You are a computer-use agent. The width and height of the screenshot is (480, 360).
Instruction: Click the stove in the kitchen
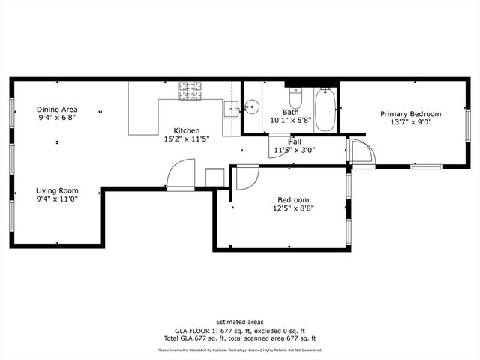191,90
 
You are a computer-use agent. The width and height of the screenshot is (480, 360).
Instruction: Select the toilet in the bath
295,98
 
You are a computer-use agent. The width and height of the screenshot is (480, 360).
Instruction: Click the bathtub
325,110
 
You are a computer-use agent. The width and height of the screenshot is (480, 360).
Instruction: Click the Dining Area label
57,109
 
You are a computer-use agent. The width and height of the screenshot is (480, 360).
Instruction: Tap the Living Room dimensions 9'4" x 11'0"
58,199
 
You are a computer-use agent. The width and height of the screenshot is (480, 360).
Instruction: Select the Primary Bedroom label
410,114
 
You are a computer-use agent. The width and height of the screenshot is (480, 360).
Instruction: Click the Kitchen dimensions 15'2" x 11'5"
187,139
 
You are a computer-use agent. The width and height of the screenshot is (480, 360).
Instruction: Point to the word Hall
294,141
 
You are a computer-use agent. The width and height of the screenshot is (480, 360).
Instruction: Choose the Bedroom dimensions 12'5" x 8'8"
293,209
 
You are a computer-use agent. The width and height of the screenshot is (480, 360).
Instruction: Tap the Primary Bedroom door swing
361,152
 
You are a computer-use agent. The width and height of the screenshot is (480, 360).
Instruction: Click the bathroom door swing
278,145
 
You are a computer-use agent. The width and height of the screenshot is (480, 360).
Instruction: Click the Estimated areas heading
239,322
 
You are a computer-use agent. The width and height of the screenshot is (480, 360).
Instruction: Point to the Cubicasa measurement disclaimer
239,350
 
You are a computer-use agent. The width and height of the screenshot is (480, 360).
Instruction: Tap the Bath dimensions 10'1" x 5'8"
290,120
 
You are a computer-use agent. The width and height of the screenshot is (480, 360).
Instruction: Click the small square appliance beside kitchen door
214,177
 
